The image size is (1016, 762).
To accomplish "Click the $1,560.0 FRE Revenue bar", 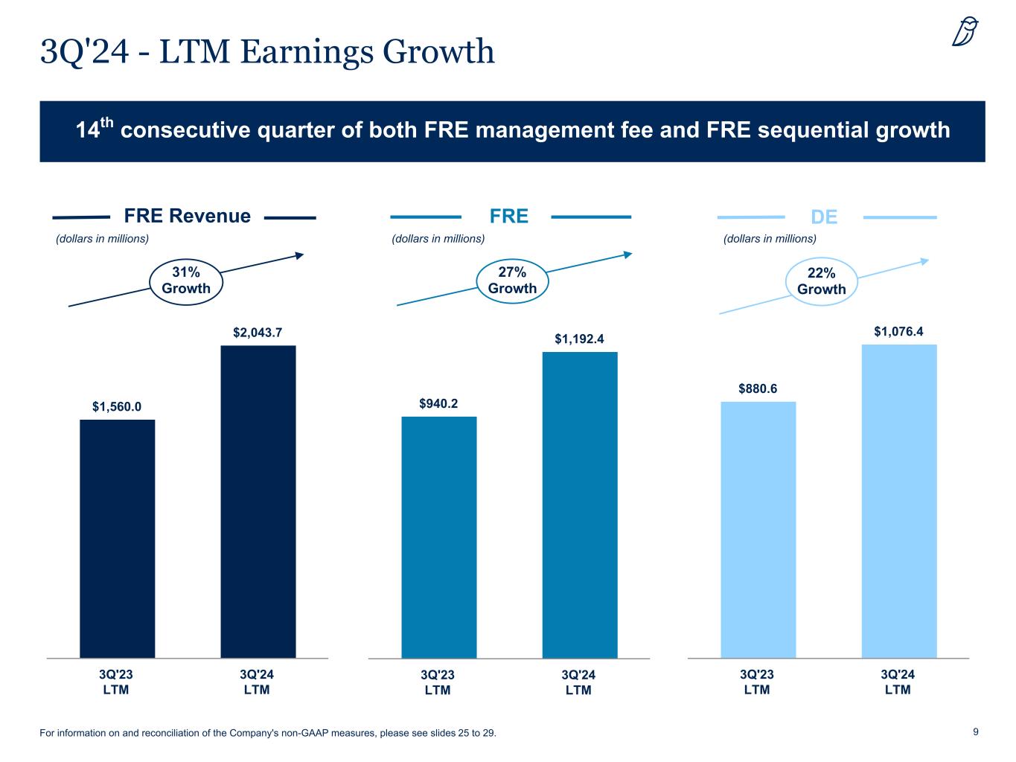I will click(x=117, y=539).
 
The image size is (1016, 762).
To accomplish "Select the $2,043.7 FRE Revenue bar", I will click(x=258, y=502).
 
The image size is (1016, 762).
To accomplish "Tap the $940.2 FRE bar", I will click(x=438, y=537).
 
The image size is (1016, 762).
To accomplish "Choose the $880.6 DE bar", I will click(x=758, y=530).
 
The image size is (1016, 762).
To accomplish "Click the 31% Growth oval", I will click(x=186, y=281).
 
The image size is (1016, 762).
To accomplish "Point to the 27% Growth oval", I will click(x=512, y=281).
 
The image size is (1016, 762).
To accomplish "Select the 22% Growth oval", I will click(x=822, y=282).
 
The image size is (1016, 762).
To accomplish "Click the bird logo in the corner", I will click(x=965, y=32).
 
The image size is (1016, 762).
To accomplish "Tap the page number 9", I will click(x=976, y=732).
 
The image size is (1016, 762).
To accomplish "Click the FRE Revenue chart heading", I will click(x=187, y=217).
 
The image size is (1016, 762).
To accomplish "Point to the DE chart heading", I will click(x=824, y=217).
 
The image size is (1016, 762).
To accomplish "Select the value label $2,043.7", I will click(x=258, y=333).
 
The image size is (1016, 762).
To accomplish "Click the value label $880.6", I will click(x=758, y=388).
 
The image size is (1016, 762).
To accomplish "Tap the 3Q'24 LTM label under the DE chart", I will click(x=898, y=682).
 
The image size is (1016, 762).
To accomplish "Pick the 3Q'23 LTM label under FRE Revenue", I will click(x=116, y=682).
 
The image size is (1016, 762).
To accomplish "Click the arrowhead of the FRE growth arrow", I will click(x=627, y=254).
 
